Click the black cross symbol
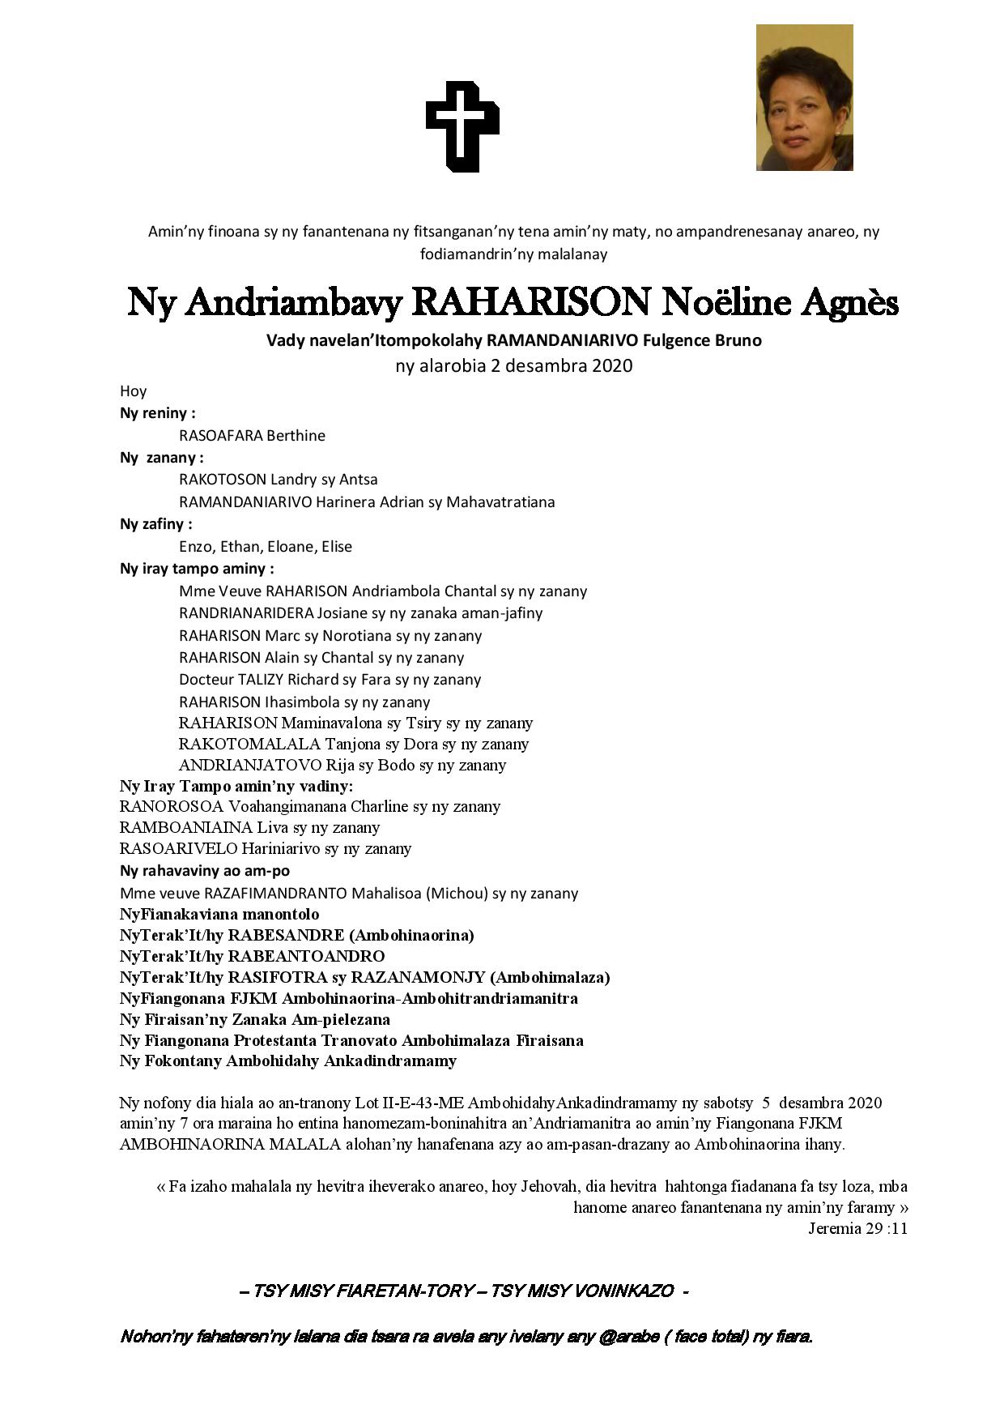(x=462, y=126)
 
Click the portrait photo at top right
(x=804, y=98)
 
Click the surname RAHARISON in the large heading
(x=530, y=303)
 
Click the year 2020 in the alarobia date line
(x=612, y=365)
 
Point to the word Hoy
(x=133, y=391)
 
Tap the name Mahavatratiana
(x=500, y=502)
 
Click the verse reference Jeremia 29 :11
(x=857, y=1228)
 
